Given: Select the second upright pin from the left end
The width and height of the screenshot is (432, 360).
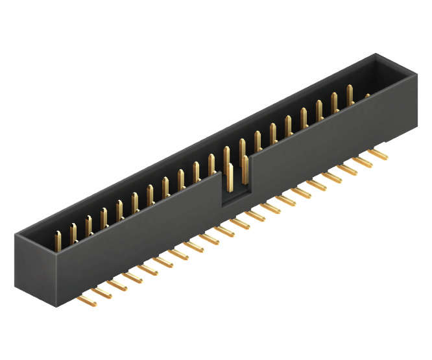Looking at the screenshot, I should click(x=73, y=232).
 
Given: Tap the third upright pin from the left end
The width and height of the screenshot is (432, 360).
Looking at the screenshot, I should click(x=88, y=224).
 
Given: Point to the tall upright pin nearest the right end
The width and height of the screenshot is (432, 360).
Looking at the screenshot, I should click(x=350, y=95).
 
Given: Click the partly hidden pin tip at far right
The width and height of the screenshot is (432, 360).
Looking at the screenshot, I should click(x=367, y=97).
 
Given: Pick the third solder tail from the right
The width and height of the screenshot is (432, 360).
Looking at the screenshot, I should click(x=349, y=169).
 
